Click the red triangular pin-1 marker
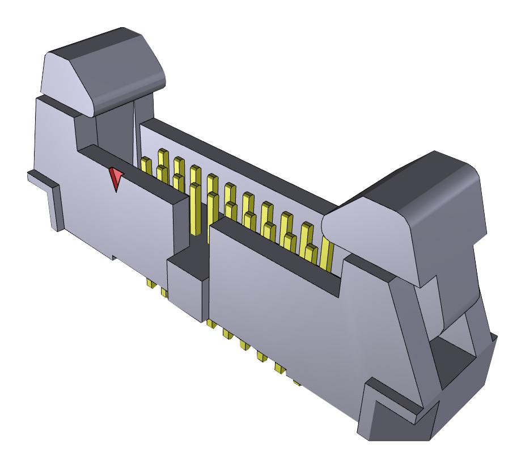point(116,178)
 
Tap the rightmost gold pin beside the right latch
point(328,252)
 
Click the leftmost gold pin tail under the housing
point(150,283)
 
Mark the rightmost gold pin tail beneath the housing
point(297,382)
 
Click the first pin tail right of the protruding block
point(211,324)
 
